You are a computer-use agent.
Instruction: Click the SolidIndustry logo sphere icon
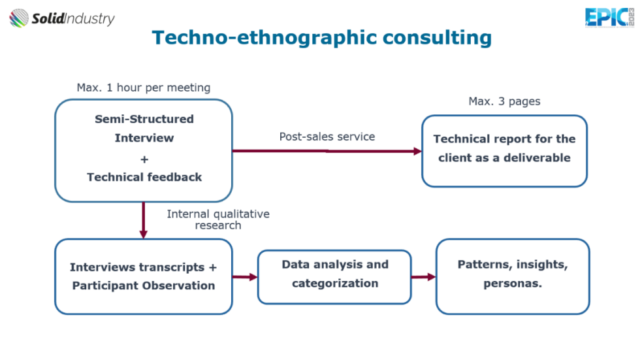point(19,18)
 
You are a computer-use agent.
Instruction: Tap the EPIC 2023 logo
point(609,18)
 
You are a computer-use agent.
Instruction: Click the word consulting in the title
point(437,38)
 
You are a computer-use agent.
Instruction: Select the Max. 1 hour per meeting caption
point(144,88)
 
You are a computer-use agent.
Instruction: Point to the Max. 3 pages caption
point(504,101)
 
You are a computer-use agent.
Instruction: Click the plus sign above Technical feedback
point(144,159)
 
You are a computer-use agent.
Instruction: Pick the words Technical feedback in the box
point(144,177)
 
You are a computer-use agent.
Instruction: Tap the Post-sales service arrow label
point(327,137)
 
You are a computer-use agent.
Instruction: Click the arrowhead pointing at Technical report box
point(417,152)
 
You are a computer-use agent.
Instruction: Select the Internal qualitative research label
point(218,220)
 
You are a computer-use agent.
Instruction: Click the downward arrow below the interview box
point(143,220)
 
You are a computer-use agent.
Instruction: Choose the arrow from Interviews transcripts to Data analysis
point(245,277)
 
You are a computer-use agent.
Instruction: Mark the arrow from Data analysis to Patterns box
point(424,277)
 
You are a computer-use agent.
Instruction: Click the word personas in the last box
point(513,284)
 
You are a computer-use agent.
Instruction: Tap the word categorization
point(335,284)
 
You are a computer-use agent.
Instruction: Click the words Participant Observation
point(144,286)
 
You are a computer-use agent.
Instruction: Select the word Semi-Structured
point(144,119)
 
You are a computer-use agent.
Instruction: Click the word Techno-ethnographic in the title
point(264,38)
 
